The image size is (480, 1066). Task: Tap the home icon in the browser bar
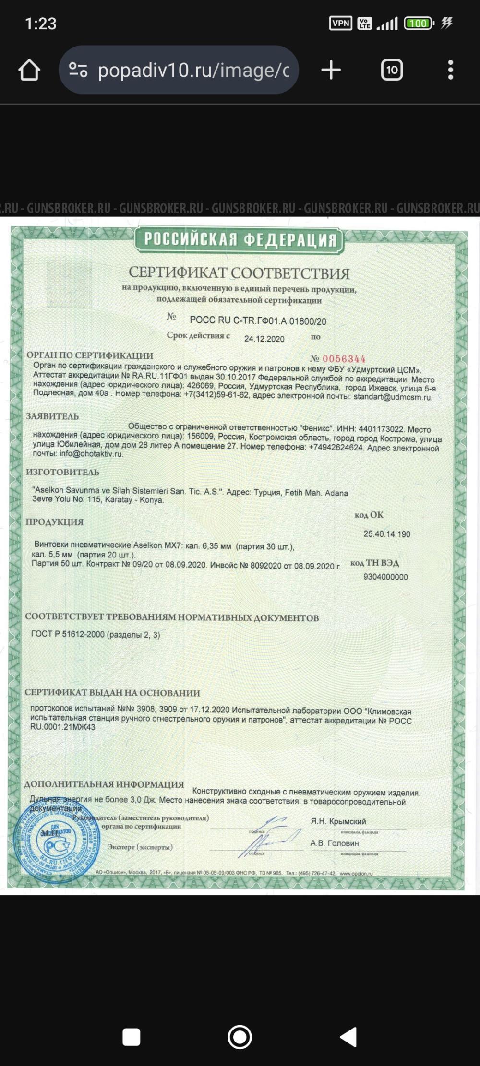(x=29, y=70)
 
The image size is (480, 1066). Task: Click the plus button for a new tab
(x=331, y=70)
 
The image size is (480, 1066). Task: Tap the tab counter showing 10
(x=392, y=70)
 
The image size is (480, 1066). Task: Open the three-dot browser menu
(x=450, y=70)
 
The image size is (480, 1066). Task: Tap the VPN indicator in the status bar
(x=340, y=23)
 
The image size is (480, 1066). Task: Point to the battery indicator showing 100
(x=419, y=23)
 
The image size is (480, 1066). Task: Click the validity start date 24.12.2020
(x=264, y=339)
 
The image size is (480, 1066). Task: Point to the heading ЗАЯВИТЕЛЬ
(x=52, y=416)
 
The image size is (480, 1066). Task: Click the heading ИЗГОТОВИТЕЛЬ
(x=62, y=472)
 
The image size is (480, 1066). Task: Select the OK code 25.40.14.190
(x=386, y=534)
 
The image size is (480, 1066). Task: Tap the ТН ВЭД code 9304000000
(x=385, y=577)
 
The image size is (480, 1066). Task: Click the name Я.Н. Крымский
(x=338, y=821)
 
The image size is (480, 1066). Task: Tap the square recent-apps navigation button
(x=131, y=1037)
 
